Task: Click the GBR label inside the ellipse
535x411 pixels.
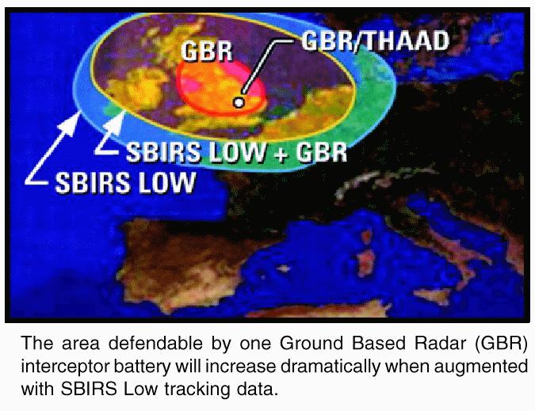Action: [x=207, y=51]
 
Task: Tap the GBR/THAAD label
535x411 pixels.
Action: [x=375, y=41]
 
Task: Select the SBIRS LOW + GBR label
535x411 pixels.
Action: [x=236, y=152]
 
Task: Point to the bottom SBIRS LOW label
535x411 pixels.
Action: [x=125, y=182]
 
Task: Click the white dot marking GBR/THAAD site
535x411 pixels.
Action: [x=239, y=102]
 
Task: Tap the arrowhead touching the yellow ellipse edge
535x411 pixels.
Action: [x=116, y=123]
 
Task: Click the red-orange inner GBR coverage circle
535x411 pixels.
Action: [x=221, y=88]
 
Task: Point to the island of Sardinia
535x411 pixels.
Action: [x=366, y=258]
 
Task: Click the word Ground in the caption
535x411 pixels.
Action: [x=311, y=344]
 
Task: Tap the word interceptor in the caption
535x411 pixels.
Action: [x=64, y=367]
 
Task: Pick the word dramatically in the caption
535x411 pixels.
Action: [x=329, y=367]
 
